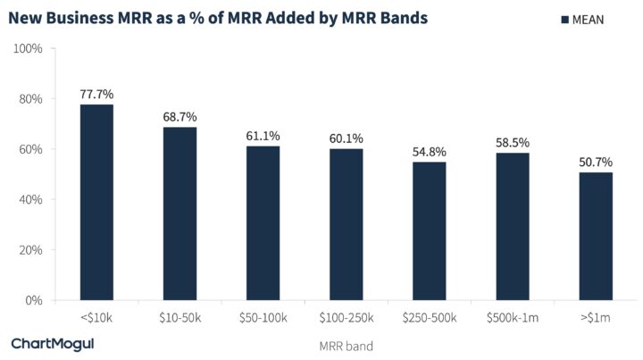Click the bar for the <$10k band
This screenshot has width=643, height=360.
[x=96, y=203]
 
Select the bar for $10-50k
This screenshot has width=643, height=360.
[x=180, y=213]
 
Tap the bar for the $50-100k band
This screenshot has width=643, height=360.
[x=263, y=223]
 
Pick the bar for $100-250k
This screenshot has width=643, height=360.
[x=347, y=224]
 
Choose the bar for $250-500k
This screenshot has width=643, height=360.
[x=430, y=231]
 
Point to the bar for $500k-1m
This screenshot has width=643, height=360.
[x=513, y=227]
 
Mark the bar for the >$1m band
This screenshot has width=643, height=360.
[x=596, y=237]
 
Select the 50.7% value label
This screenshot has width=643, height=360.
[x=596, y=162]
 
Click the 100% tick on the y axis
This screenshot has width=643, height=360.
[x=29, y=48]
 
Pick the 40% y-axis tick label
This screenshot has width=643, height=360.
[x=32, y=200]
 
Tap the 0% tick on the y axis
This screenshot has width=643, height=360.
[x=36, y=301]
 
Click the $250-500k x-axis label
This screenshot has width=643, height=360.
[x=430, y=317]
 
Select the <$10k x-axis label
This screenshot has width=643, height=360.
[x=96, y=317]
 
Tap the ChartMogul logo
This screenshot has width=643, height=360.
[x=52, y=343]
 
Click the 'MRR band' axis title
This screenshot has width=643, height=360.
[x=346, y=344]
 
